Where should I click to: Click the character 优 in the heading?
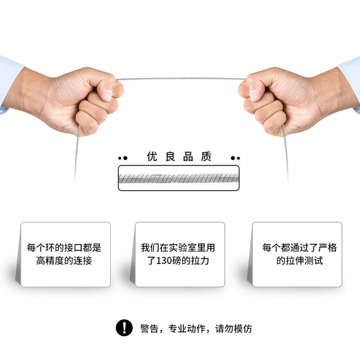tap(152, 156)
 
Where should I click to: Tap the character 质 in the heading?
tap(206, 156)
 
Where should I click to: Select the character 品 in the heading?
tap(188, 156)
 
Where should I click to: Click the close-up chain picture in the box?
tap(178, 178)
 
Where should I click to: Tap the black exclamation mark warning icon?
tap(124, 328)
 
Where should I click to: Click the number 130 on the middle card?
tap(164, 261)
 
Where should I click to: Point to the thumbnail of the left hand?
tap(108, 94)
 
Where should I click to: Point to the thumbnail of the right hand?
tap(254, 95)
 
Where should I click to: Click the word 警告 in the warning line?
tap(149, 329)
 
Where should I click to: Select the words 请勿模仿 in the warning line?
tap(233, 329)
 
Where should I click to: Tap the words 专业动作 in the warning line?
tap(186, 329)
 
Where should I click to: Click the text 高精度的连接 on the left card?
tap(64, 260)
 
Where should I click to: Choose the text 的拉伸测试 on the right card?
tap(300, 260)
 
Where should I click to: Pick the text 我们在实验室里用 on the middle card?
tap(178, 248)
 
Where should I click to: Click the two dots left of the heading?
tap(123, 158)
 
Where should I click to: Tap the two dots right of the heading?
tap(235, 158)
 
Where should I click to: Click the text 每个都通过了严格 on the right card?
tap(300, 248)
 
